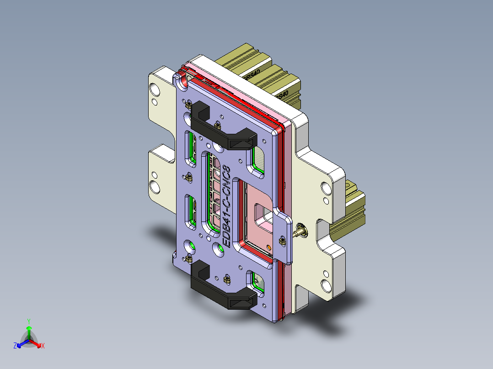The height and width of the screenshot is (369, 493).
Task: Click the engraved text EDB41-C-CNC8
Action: [226, 206]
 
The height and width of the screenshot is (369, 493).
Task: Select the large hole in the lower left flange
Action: [155, 186]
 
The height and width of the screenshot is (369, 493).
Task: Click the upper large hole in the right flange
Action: [326, 188]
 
